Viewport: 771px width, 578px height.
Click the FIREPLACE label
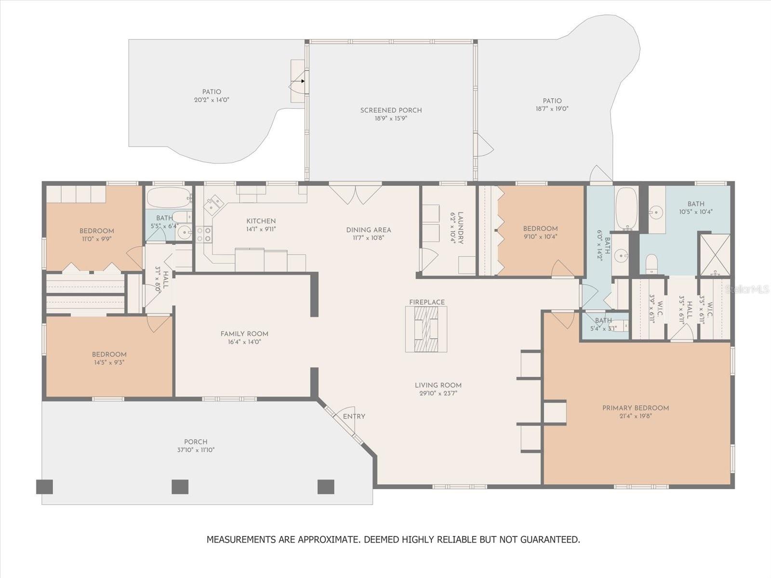(427, 302)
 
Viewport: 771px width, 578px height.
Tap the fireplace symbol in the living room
(426, 329)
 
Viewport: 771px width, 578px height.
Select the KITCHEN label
(261, 221)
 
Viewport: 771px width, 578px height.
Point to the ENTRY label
(354, 416)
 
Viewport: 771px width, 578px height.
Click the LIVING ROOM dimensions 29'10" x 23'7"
(439, 394)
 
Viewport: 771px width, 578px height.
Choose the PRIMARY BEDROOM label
(636, 408)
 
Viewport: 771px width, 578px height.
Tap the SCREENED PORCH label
(391, 110)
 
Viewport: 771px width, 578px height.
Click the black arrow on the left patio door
(303, 81)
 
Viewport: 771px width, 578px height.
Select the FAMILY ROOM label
(244, 334)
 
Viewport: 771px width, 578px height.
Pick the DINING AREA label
(369, 230)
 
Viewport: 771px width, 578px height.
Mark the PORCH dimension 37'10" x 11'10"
(196, 450)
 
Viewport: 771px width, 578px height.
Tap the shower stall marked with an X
(715, 255)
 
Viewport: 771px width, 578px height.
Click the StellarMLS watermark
(747, 289)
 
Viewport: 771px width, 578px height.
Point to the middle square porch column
(180, 487)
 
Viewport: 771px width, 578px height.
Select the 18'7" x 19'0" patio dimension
(552, 109)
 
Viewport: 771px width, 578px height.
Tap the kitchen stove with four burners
(204, 235)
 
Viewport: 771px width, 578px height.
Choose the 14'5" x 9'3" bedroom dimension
(109, 363)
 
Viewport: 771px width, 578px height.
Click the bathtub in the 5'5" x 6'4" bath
(169, 197)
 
